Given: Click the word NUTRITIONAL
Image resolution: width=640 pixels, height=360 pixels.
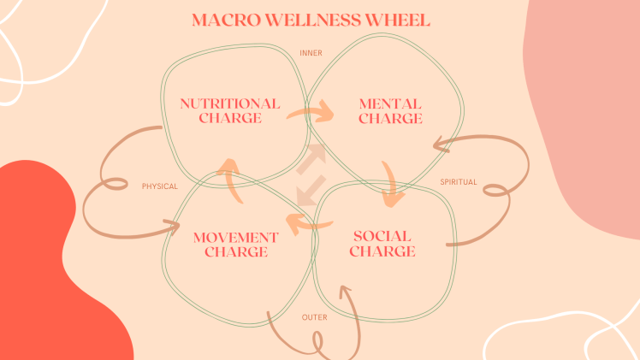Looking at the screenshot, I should [229, 103].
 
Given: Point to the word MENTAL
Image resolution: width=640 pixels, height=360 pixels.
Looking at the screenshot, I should [390, 104].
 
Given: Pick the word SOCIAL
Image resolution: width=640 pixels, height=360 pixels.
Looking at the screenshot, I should [382, 236].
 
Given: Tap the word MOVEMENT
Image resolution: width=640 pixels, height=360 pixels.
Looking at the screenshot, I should [235, 237].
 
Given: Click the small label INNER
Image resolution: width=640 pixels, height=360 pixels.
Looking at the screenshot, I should [311, 53].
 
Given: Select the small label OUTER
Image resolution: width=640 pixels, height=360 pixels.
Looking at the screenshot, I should [314, 318].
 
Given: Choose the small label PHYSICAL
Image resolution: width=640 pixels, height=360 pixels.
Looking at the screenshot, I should [160, 186].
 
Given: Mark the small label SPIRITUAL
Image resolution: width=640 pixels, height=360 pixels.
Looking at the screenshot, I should [459, 182].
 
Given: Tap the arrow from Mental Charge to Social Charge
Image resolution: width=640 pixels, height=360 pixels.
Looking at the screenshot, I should [392, 184].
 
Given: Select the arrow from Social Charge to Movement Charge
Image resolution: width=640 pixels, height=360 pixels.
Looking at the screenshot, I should [307, 224].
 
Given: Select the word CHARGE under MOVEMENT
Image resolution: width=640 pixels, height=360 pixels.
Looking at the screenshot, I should [235, 251].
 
